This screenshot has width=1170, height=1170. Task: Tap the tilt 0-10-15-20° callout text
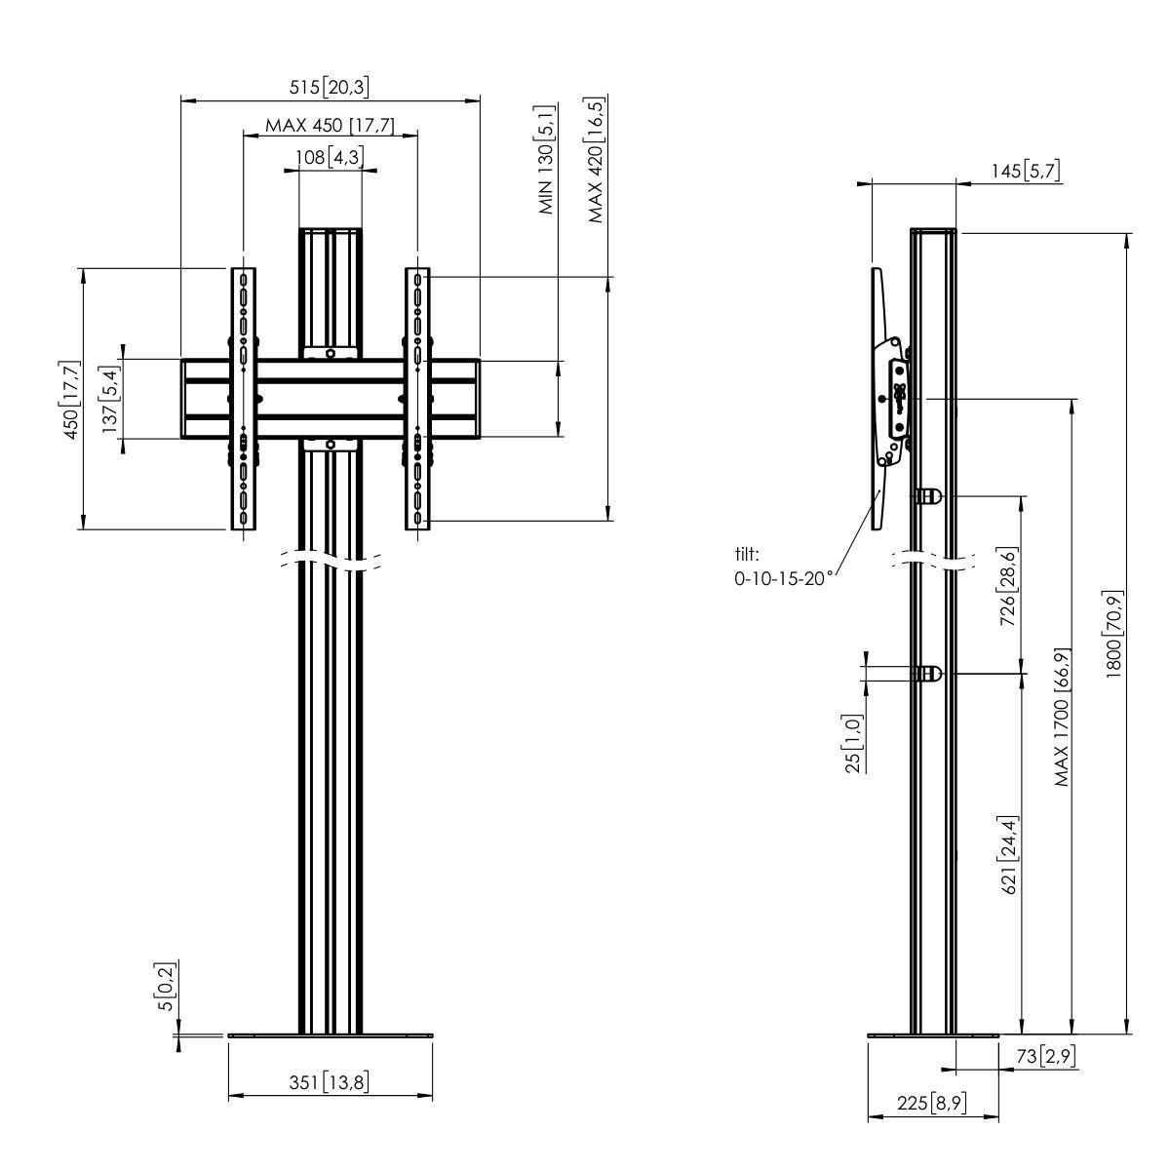tap(784, 566)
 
